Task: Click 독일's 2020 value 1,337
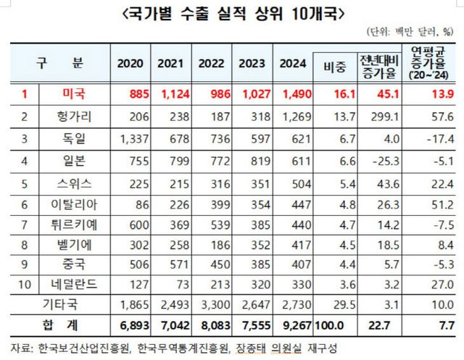tap(130, 138)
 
